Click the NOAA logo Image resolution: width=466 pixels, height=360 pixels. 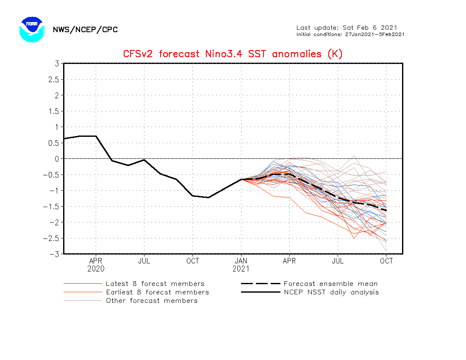pyautogui.click(x=32, y=29)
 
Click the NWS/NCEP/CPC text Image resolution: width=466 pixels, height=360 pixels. pyautogui.click(x=85, y=30)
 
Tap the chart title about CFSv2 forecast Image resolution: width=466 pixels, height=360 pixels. pyautogui.click(x=233, y=54)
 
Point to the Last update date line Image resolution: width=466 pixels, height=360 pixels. pyautogui.click(x=347, y=28)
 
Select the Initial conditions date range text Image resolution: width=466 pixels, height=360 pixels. pyautogui.click(x=350, y=34)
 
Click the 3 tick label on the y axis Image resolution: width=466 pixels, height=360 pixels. pyautogui.click(x=56, y=64)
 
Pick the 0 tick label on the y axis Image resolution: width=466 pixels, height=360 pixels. pyautogui.click(x=56, y=159)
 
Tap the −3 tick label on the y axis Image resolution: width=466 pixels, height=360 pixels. pyautogui.click(x=53, y=254)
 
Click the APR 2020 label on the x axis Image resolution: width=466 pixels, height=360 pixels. pyautogui.click(x=96, y=265)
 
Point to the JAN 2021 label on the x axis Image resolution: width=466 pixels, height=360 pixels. pyautogui.click(x=241, y=265)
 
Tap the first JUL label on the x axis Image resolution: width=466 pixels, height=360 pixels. pyautogui.click(x=144, y=261)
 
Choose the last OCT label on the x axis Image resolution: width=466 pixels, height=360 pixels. pyautogui.click(x=386, y=261)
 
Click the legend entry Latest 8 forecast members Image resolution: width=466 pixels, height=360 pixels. pyautogui.click(x=155, y=284)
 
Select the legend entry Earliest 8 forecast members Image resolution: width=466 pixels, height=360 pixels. pyautogui.click(x=157, y=292)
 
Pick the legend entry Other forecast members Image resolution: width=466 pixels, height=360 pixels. pyautogui.click(x=152, y=301)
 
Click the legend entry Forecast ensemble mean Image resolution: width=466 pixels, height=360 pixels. pyautogui.click(x=330, y=284)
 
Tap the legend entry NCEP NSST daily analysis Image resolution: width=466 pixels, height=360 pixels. pyautogui.click(x=331, y=292)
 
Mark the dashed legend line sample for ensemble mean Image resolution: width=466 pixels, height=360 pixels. pyautogui.click(x=260, y=284)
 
